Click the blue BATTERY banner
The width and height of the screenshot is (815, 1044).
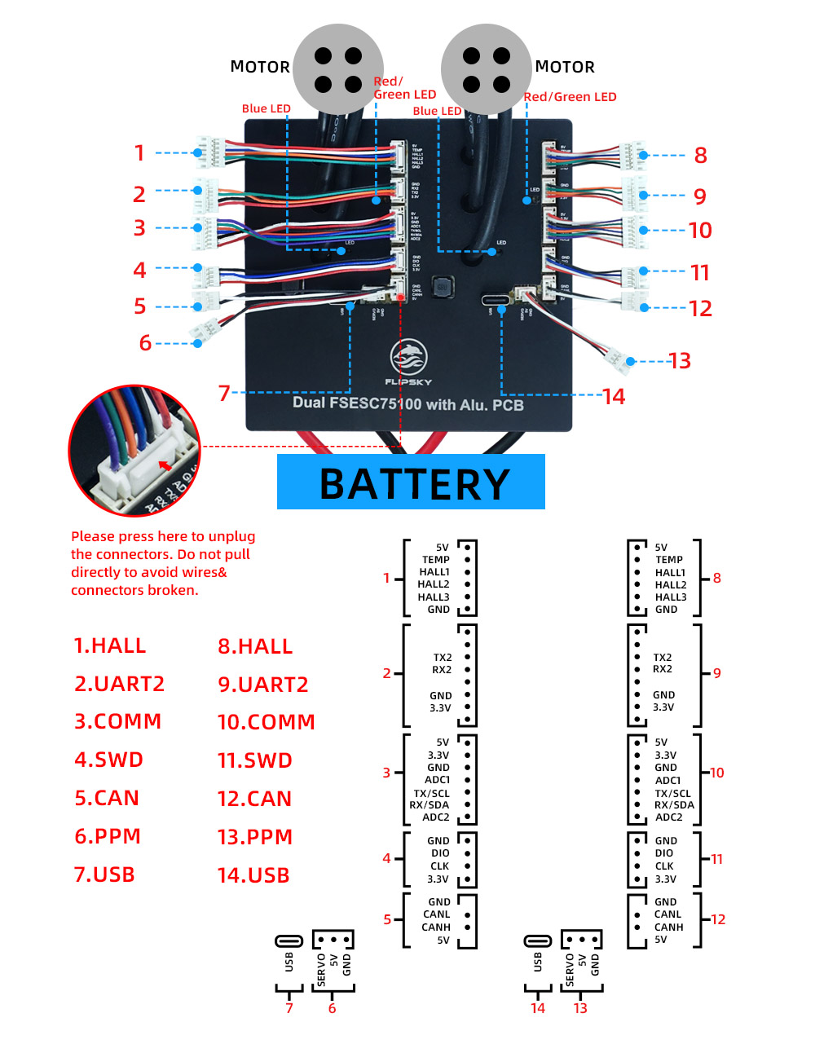tap(411, 482)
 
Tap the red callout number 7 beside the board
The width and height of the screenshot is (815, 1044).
tap(224, 393)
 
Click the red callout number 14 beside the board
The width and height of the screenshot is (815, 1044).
tap(614, 397)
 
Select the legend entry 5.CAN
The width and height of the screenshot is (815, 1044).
tap(107, 798)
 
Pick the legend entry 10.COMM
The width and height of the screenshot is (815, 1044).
tap(266, 722)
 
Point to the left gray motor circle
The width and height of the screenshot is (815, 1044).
tap(338, 69)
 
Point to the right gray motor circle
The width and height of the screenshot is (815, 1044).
tap(487, 69)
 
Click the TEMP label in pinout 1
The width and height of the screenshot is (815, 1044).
tap(435, 560)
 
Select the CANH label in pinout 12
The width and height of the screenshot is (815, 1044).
tap(668, 927)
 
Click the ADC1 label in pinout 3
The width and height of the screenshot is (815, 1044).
tap(437, 780)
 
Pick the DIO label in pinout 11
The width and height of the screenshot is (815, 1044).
tap(664, 853)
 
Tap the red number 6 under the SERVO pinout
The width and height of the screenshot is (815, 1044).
tap(332, 1008)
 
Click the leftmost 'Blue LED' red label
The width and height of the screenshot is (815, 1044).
tap(266, 108)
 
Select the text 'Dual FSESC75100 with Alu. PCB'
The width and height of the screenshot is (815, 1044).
tap(407, 403)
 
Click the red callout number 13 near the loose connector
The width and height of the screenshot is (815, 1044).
tap(680, 361)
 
